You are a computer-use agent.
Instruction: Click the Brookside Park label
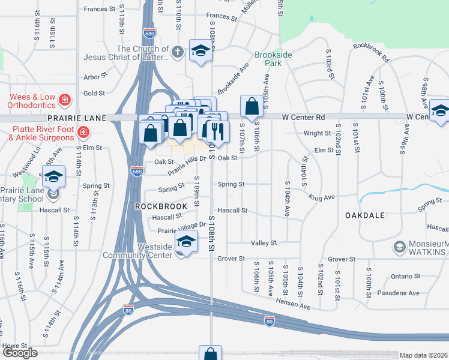(273, 58)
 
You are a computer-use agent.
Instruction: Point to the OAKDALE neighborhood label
(364, 214)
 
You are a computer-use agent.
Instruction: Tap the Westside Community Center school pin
(187, 243)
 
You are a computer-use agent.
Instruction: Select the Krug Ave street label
(322, 197)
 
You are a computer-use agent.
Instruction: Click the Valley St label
(264, 243)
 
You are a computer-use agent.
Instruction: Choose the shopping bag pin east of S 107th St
(252, 106)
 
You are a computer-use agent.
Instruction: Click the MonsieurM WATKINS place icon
(399, 246)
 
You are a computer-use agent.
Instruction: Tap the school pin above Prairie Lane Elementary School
(53, 176)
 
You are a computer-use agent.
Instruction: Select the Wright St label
(318, 133)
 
